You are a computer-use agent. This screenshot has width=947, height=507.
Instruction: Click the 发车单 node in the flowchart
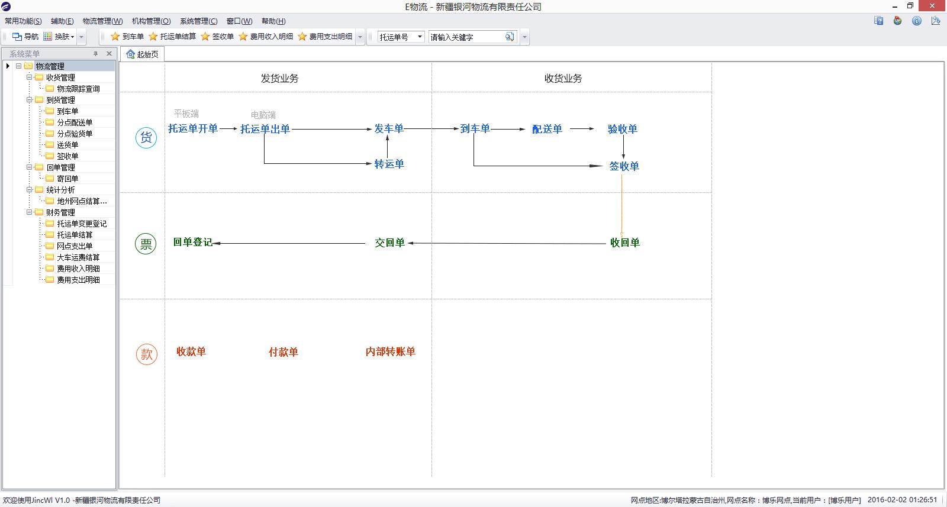click(389, 128)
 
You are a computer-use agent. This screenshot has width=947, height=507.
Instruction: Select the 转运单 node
click(389, 164)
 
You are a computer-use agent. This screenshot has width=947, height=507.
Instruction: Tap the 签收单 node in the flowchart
click(624, 166)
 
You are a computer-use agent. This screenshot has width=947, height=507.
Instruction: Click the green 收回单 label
click(624, 243)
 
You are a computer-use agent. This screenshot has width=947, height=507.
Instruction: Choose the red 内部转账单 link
click(390, 351)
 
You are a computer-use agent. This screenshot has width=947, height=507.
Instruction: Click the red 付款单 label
click(283, 352)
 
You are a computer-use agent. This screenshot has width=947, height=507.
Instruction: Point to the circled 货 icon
click(146, 138)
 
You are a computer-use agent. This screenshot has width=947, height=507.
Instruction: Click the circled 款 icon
click(146, 354)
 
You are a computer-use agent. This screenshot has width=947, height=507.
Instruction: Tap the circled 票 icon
click(146, 244)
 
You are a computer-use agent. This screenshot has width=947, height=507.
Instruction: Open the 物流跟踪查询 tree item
click(78, 89)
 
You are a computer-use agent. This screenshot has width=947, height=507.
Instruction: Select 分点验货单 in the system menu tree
click(75, 134)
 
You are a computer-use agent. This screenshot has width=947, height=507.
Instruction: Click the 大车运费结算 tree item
click(78, 257)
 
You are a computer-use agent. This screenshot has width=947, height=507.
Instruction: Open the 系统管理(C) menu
click(198, 21)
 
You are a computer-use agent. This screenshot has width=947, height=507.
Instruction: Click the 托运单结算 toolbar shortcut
click(172, 37)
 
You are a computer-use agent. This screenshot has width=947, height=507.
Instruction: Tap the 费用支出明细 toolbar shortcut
click(325, 37)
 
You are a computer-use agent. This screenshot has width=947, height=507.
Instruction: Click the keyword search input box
click(466, 37)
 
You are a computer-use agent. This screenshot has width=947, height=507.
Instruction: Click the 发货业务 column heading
click(279, 79)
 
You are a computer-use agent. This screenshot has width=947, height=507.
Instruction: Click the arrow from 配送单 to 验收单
click(582, 128)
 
